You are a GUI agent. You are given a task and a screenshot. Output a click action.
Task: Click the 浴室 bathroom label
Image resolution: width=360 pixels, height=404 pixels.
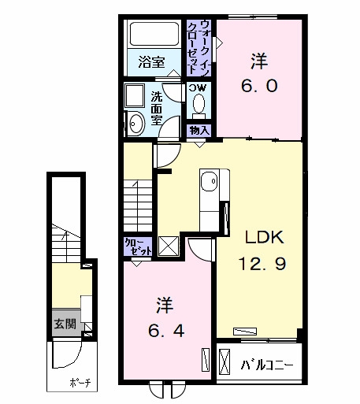click(151, 62)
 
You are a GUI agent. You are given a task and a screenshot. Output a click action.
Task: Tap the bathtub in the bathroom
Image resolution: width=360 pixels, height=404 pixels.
click(154, 34)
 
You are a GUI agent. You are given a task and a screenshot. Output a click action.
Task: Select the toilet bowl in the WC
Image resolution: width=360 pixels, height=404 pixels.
click(199, 103)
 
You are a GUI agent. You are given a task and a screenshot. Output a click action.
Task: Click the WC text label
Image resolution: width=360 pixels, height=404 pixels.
click(199, 87)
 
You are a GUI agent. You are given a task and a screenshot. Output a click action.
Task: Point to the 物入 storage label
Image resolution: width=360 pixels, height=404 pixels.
click(199, 130)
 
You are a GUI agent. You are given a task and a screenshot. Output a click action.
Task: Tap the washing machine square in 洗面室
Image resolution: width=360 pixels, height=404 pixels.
click(135, 95)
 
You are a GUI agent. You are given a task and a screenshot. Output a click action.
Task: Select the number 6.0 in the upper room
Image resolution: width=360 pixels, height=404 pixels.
click(259, 86)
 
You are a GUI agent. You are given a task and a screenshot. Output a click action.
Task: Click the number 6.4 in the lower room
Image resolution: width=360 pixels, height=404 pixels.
click(166, 331)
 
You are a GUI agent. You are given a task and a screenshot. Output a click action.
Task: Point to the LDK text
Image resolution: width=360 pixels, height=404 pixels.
click(264, 237)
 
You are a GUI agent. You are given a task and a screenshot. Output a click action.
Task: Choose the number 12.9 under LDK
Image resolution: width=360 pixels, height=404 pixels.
click(262, 263)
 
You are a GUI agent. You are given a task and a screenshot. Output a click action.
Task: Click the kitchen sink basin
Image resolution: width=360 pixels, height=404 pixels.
click(209, 181)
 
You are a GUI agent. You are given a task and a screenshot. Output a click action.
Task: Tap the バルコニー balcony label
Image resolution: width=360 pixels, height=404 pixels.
click(267, 365)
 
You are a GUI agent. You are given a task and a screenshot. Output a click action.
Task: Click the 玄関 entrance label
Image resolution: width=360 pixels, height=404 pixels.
click(65, 324)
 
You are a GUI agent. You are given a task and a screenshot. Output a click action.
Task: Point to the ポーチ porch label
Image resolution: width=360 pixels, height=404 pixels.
click(80, 383)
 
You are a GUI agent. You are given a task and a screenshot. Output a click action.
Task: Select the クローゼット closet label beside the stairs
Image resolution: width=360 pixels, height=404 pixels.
click(138, 246)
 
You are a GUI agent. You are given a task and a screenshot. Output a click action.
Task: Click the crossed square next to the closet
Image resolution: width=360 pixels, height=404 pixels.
click(169, 246)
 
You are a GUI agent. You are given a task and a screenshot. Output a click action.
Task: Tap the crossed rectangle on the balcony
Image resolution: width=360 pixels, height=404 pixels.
click(225, 361)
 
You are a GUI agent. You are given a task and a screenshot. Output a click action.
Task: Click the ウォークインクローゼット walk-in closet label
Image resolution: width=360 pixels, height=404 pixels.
click(199, 47)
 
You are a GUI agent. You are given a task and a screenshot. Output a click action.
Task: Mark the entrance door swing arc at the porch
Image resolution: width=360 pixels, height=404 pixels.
click(72, 360)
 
